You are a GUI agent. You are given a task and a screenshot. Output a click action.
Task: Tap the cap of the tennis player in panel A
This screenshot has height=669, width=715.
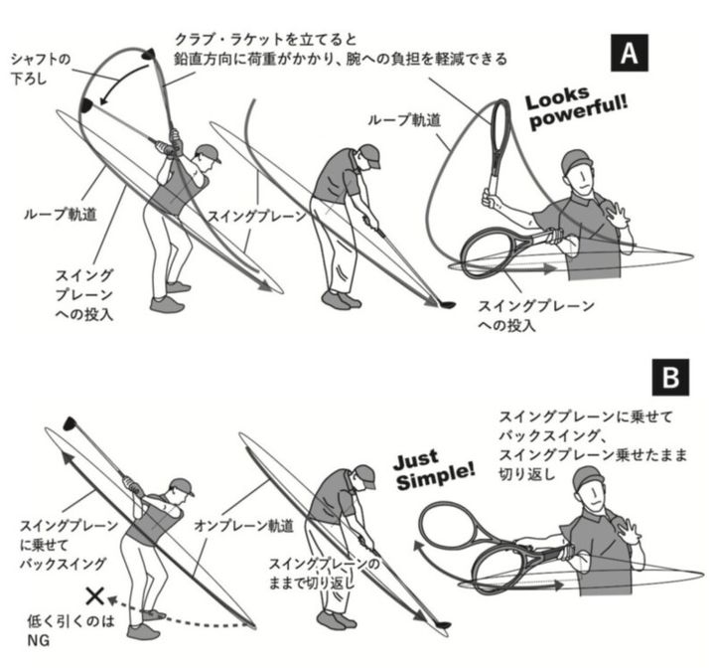coord(577,160)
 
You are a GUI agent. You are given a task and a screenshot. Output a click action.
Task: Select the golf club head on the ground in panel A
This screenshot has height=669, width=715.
coord(446,304)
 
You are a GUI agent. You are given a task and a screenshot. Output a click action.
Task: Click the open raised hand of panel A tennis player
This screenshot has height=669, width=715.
coord(617,213)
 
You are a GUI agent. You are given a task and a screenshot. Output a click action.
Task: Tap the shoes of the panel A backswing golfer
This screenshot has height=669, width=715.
coord(169,297)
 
